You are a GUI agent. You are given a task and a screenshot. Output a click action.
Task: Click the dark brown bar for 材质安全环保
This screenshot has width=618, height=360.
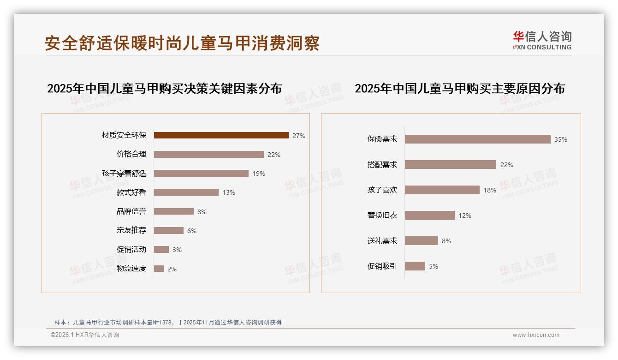pos(221,135)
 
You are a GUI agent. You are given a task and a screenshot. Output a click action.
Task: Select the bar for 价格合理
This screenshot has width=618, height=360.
pos(208,155)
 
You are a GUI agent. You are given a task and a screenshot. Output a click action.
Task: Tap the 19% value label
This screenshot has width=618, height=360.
pos(259,174)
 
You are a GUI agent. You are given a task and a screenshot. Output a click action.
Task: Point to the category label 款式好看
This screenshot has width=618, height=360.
pos(131,192)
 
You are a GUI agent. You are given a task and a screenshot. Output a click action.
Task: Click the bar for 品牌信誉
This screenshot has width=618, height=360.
pos(173,211)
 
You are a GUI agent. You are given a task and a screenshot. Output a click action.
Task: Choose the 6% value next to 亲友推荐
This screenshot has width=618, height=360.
pos(192,231)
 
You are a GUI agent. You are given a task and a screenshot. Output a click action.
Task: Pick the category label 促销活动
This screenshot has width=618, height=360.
pos(131,250)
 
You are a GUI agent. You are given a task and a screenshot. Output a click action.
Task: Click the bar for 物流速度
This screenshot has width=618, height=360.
pos(159,269)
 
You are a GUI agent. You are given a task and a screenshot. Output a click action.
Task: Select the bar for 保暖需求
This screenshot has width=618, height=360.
pos(477,139)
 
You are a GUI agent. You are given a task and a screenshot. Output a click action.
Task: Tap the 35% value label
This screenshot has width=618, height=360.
pos(561,139)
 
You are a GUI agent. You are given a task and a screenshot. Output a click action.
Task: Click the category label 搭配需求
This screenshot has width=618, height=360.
pos(382,165)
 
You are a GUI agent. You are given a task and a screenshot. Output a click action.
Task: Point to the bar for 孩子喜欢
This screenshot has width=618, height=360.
pos(442,190)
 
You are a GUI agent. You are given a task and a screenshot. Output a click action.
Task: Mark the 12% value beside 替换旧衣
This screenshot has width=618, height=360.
pos(465,216)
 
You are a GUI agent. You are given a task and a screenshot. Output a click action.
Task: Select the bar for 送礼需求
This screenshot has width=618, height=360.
pos(421,241)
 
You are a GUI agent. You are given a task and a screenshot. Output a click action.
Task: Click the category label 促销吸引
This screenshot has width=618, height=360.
pos(382,266)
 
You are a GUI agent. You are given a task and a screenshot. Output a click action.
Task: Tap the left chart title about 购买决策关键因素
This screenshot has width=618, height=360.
pos(164,89)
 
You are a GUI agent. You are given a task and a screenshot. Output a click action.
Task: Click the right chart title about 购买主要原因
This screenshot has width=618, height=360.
pos(459,89)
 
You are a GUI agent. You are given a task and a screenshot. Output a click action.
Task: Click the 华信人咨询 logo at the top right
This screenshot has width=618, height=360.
pos(542,40)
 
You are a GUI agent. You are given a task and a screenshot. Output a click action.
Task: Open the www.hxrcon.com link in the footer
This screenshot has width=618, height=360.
pos(536,335)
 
